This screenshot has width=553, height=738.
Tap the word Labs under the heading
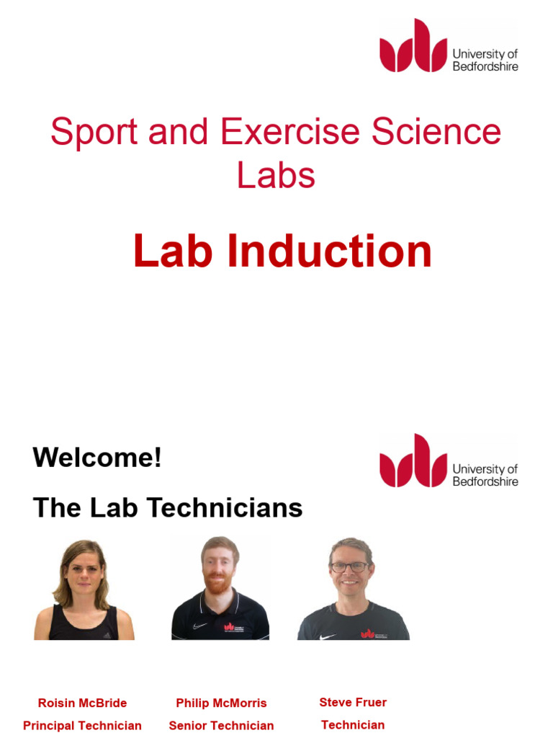(276, 175)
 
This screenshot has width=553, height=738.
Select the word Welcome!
(97, 458)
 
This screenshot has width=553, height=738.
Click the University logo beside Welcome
(449, 461)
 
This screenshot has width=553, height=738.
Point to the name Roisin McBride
(82, 703)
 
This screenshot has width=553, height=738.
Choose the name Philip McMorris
(221, 703)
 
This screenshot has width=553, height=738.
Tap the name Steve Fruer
(353, 702)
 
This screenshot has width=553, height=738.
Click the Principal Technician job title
(82, 726)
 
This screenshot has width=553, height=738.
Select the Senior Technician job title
(221, 726)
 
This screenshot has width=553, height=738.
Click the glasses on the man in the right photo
(350, 567)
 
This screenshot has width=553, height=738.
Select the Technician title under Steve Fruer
(353, 725)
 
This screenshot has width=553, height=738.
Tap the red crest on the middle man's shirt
(230, 626)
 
